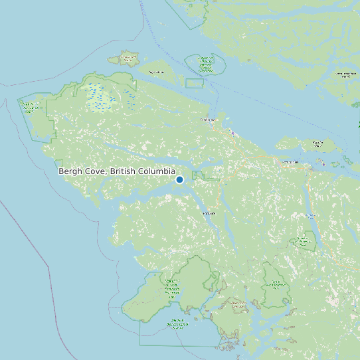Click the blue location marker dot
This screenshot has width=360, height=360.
[x=179, y=179]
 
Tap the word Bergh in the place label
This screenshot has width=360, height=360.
[x=70, y=171]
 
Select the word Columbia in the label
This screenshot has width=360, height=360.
[x=153, y=171]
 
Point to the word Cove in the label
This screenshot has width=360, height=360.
[x=96, y=171]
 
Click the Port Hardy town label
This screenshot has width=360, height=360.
[x=208, y=120]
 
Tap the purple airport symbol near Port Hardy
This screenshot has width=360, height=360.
[x=233, y=132]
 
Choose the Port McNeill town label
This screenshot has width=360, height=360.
[x=290, y=161]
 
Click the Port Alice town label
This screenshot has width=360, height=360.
[x=209, y=213]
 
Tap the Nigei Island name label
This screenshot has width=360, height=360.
[x=157, y=72]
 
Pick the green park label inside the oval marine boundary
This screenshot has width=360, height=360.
[x=205, y=64]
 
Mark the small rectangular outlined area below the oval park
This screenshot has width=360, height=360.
[x=194, y=83]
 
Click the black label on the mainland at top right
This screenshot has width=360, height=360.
[x=345, y=74]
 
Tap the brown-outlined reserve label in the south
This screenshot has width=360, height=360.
[x=238, y=306]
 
